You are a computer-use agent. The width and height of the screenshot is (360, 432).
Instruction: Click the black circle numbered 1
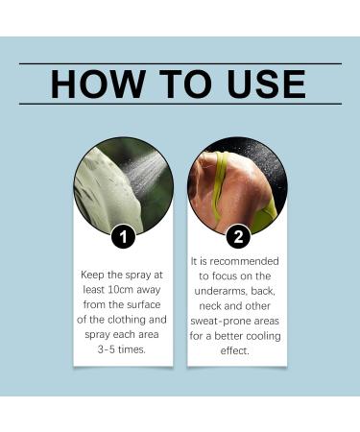123,236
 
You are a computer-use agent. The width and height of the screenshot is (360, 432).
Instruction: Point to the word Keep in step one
94,274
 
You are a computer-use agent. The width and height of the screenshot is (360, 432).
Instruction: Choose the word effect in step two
233,350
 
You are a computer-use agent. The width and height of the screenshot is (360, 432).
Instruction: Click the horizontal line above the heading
180,62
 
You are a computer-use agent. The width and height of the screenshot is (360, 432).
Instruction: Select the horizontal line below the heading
180,103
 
